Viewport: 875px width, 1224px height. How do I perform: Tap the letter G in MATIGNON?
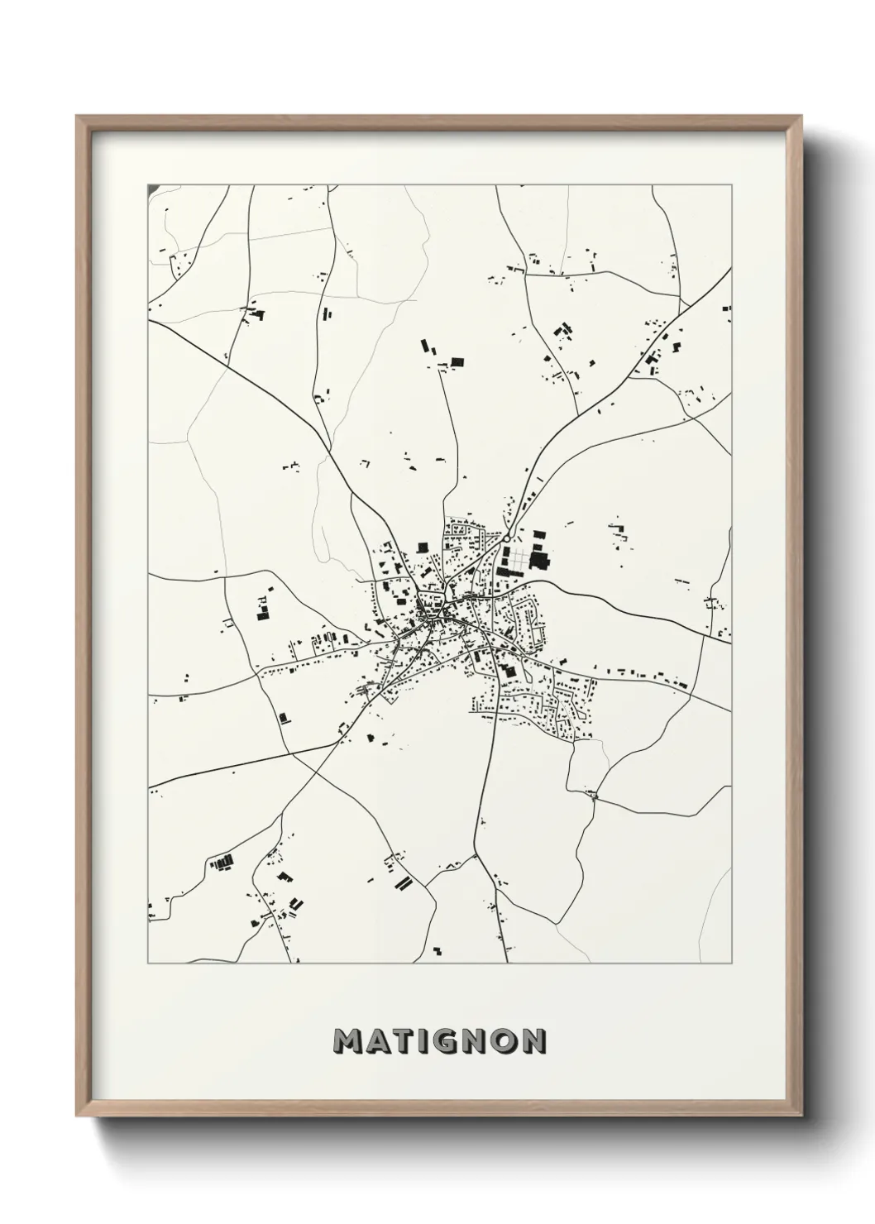[443, 1041]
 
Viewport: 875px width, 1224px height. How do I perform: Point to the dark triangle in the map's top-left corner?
[152, 189]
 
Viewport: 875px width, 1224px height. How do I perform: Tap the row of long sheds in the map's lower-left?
[222, 863]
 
